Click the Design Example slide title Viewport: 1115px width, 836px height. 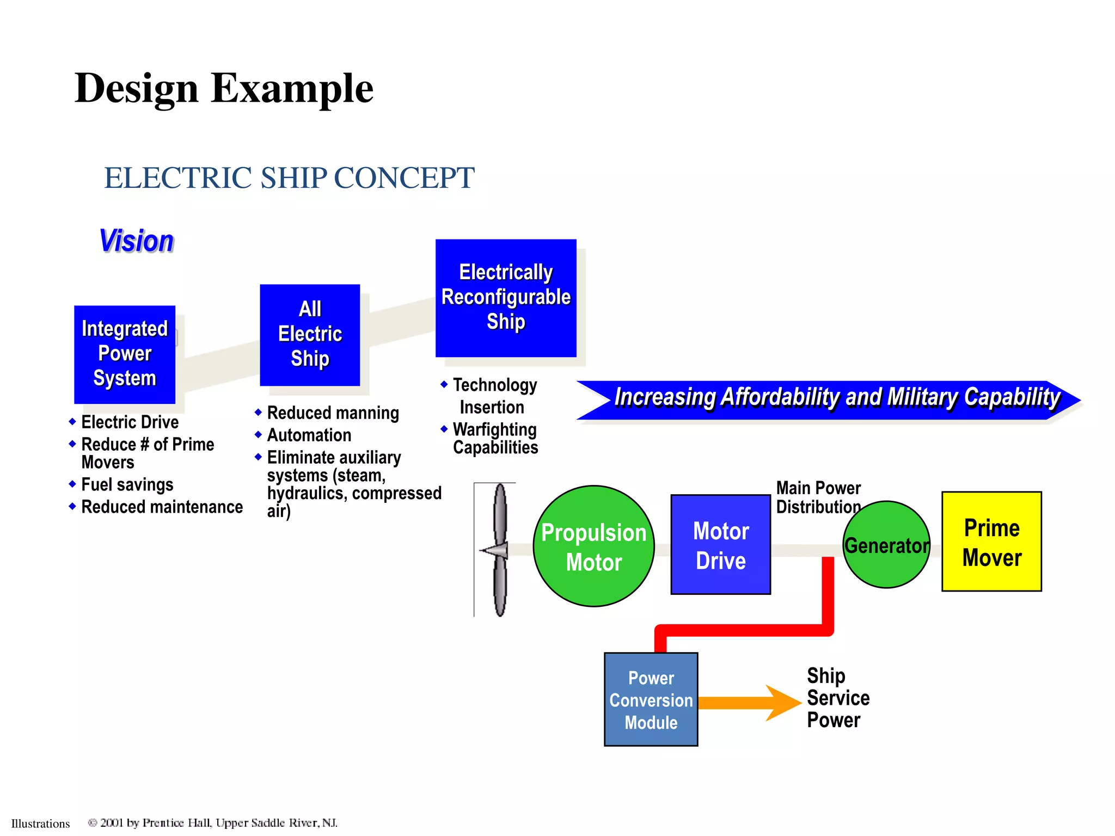click(x=224, y=88)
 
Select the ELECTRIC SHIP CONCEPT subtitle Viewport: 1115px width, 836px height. click(x=289, y=178)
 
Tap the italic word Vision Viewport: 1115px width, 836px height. click(x=137, y=241)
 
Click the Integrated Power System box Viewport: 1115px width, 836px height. click(x=125, y=354)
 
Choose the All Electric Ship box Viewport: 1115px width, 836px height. click(x=310, y=335)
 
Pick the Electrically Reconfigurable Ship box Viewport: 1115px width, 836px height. click(x=506, y=298)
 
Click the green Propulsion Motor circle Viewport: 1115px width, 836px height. click(x=593, y=546)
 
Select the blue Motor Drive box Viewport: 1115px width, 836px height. click(x=720, y=544)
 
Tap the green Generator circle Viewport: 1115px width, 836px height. click(x=886, y=545)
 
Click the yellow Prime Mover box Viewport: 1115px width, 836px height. click(x=991, y=542)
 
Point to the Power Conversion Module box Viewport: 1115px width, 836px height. click(x=651, y=699)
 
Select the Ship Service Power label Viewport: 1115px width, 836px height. click(x=837, y=698)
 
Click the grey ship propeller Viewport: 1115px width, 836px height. click(x=499, y=550)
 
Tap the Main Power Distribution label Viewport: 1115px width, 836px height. click(x=818, y=497)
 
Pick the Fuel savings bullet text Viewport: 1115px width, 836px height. click(x=127, y=484)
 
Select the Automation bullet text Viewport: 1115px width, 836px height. click(x=309, y=435)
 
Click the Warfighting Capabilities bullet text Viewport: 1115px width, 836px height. click(x=495, y=439)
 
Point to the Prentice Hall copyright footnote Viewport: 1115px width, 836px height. click(x=212, y=823)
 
